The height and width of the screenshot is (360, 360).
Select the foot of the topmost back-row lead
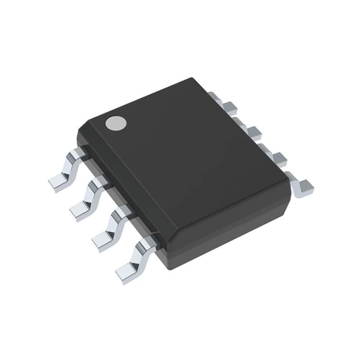click(230, 107)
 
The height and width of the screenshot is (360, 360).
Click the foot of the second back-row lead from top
click(254, 132)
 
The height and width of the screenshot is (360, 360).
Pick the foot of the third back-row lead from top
click(279, 158)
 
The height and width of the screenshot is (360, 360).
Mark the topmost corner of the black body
click(192, 79)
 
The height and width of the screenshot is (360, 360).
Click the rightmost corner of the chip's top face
click(288, 181)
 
